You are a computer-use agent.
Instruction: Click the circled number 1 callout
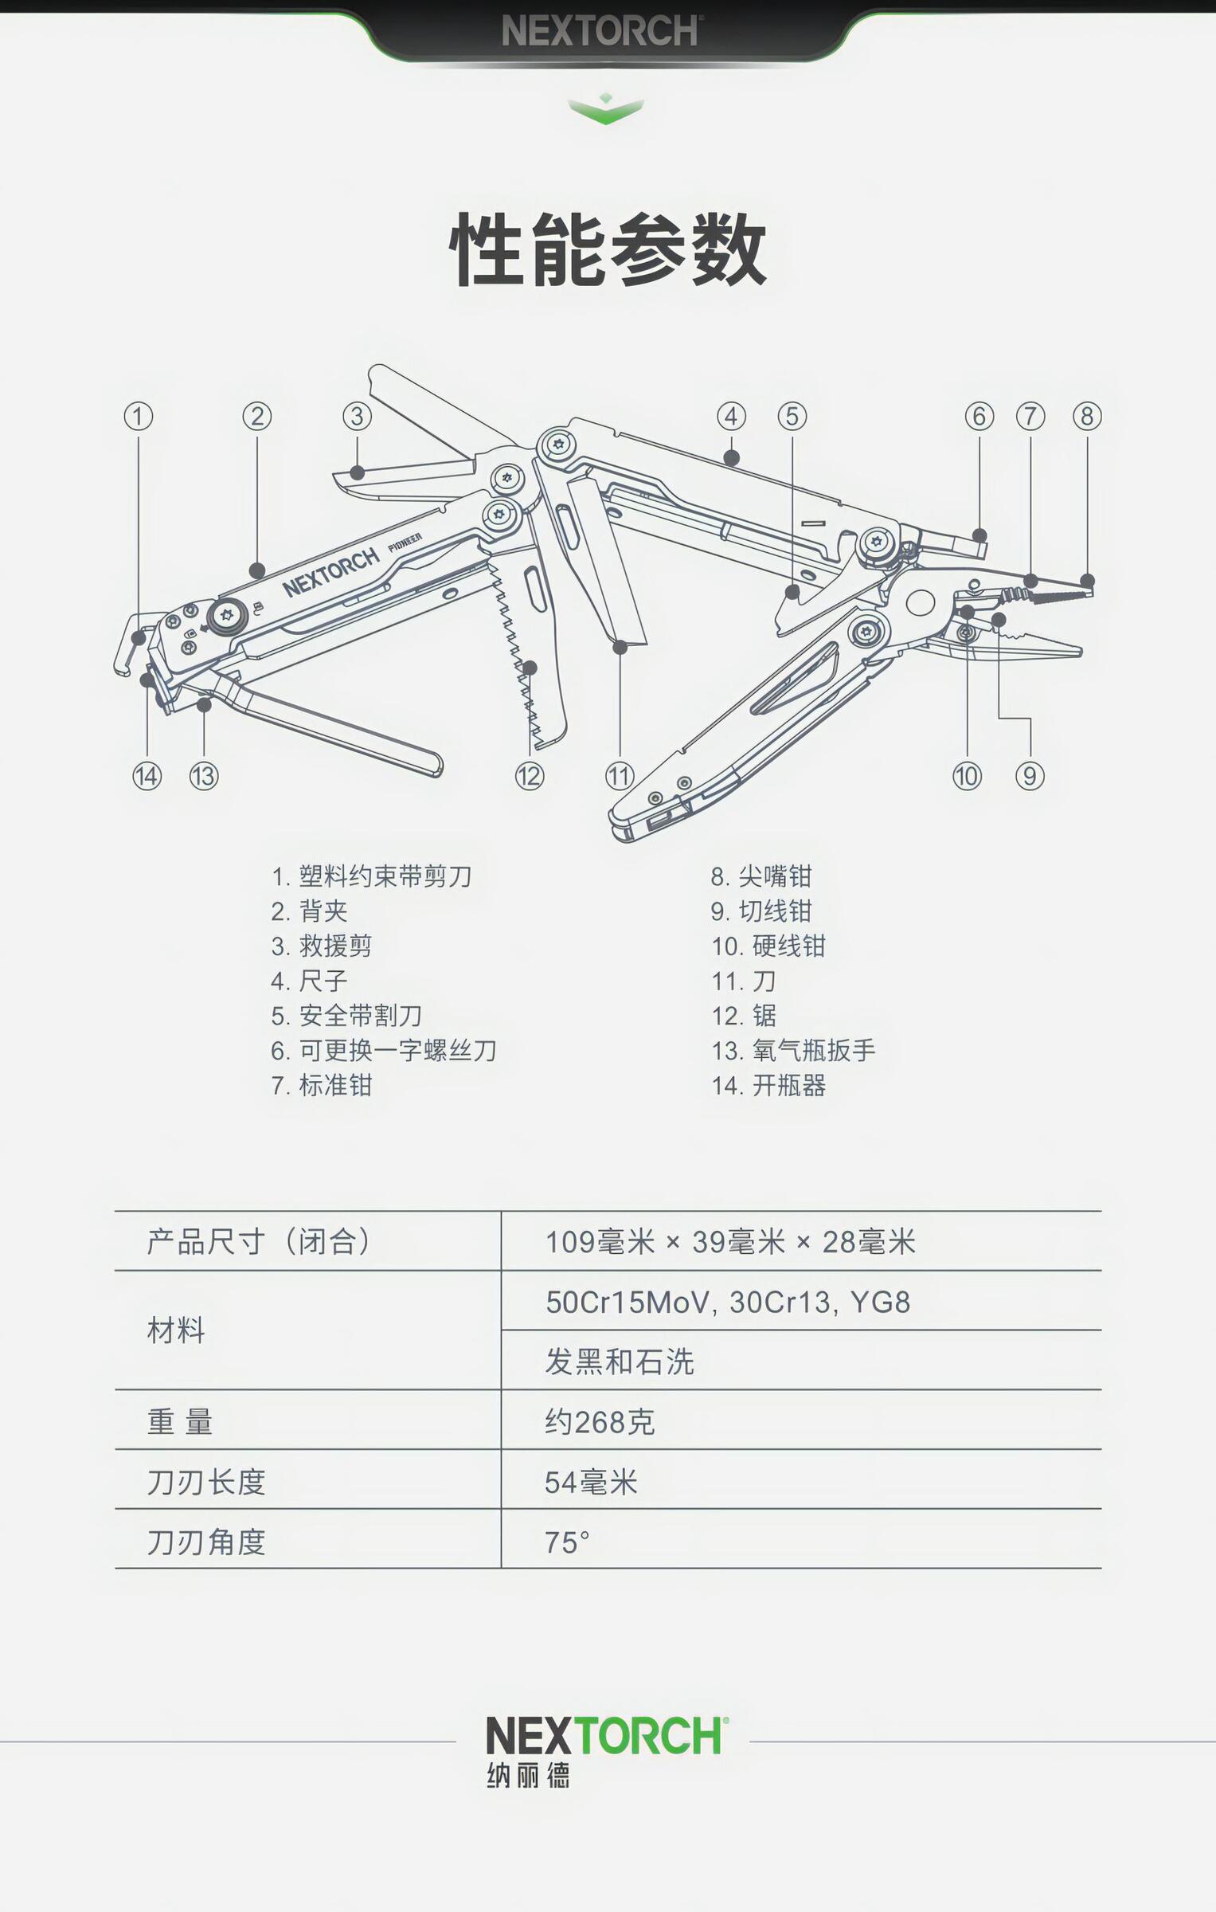(139, 416)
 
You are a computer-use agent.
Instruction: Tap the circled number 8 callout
(1087, 416)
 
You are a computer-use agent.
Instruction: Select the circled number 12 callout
(530, 775)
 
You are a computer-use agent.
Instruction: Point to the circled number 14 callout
(147, 775)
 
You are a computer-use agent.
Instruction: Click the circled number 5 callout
(792, 416)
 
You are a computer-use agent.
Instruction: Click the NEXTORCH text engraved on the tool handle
(331, 572)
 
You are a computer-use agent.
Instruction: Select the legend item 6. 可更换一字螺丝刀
(384, 1050)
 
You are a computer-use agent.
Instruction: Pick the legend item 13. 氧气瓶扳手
(793, 1050)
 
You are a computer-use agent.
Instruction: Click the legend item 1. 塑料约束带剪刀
(371, 876)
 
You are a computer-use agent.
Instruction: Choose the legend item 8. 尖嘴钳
(761, 876)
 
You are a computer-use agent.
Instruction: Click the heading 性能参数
(608, 249)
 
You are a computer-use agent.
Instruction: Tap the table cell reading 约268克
(600, 1422)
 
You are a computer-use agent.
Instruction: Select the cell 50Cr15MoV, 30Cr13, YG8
(728, 1302)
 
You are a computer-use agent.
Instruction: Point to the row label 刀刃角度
(206, 1542)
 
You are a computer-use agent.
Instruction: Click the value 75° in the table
(567, 1542)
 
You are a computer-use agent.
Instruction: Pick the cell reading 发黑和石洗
(620, 1362)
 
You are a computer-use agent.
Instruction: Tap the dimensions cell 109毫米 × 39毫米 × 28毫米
(730, 1241)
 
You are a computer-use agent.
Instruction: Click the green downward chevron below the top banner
(606, 109)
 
